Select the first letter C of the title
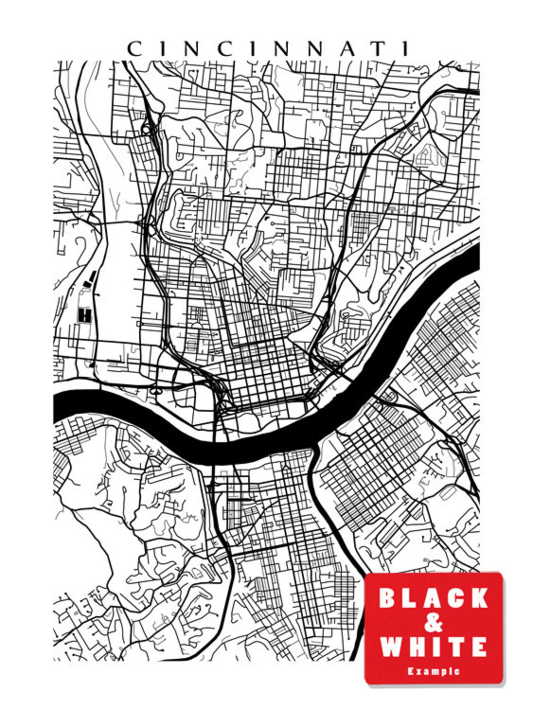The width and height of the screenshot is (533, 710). coord(134,49)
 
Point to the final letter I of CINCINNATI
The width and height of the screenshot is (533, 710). coord(405,49)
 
